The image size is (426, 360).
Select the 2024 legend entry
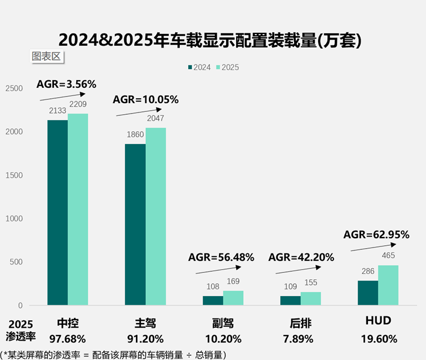(x=200, y=67)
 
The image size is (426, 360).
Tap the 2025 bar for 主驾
(x=155, y=217)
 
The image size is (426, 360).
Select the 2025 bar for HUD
(x=388, y=285)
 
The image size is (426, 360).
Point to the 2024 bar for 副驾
(x=213, y=300)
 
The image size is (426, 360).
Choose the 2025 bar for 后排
(x=310, y=299)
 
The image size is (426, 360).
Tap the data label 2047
(x=155, y=120)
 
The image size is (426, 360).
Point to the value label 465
(x=388, y=255)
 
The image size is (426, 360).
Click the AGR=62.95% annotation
(x=376, y=235)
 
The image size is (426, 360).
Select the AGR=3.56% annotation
(x=66, y=84)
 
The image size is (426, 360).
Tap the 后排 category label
(x=301, y=323)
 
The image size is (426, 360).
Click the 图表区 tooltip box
(x=46, y=56)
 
